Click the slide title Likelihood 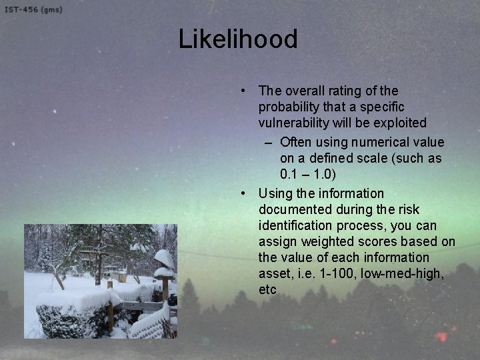pos(238,39)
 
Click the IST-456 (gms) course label pos(33,9)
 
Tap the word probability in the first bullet pos(291,107)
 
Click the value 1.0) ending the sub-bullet pos(323,174)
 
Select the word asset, pos(277,273)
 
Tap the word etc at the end pos(267,289)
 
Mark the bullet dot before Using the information pos(245,193)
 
